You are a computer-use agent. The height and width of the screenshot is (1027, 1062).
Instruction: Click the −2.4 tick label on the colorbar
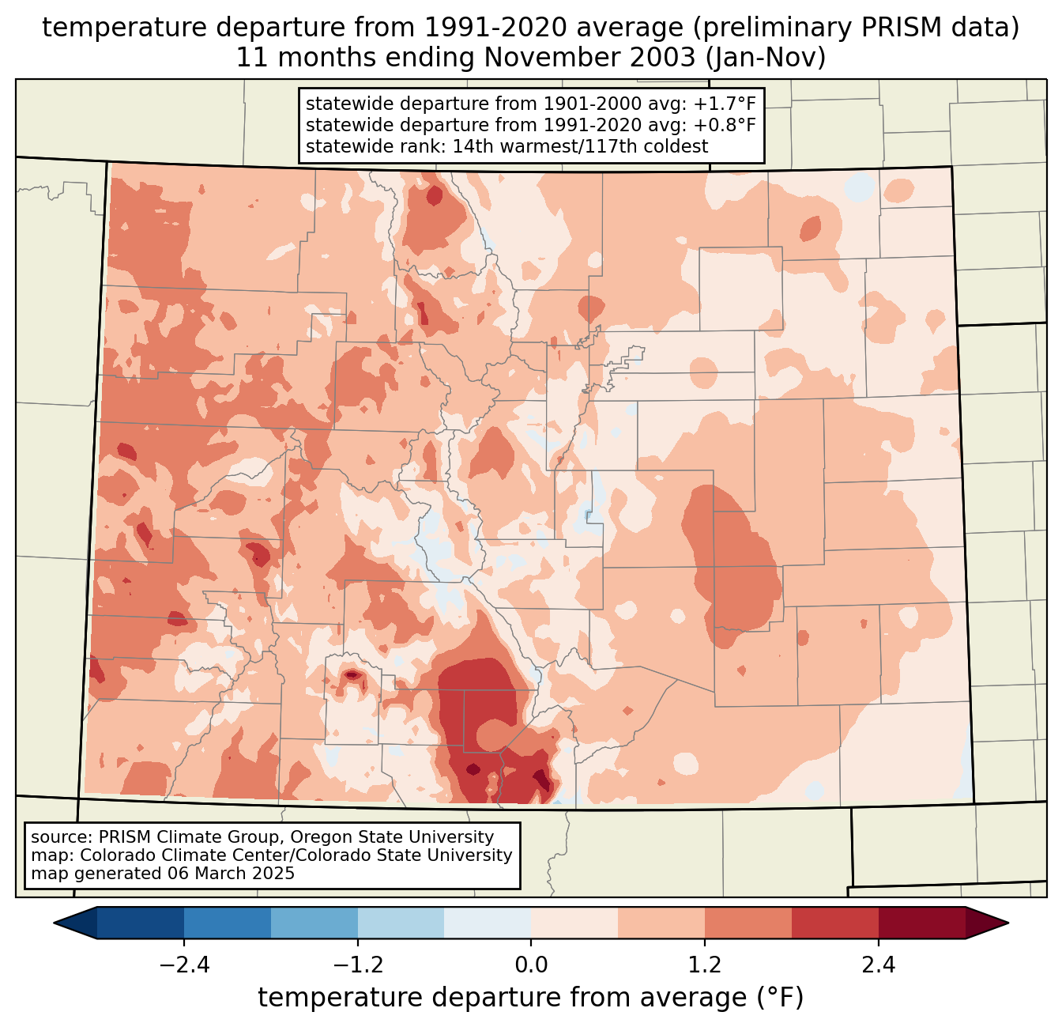tap(184, 965)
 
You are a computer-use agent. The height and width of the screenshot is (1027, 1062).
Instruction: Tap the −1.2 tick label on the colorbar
tap(358, 965)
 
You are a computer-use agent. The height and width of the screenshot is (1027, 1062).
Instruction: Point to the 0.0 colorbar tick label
tap(531, 965)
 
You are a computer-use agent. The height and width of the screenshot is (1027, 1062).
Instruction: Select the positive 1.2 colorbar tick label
tap(705, 965)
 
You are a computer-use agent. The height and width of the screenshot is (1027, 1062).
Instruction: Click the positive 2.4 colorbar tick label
tap(878, 965)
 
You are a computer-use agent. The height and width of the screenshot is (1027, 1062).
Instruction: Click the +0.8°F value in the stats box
tap(725, 125)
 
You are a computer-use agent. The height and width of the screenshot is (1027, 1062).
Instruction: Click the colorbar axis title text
tap(530, 998)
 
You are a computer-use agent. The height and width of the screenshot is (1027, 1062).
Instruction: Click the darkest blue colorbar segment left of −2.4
tap(141, 923)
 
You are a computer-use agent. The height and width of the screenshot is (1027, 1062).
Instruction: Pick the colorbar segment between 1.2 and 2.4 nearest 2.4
tap(834, 923)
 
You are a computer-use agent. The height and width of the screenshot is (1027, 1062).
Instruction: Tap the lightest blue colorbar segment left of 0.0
tap(488, 923)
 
